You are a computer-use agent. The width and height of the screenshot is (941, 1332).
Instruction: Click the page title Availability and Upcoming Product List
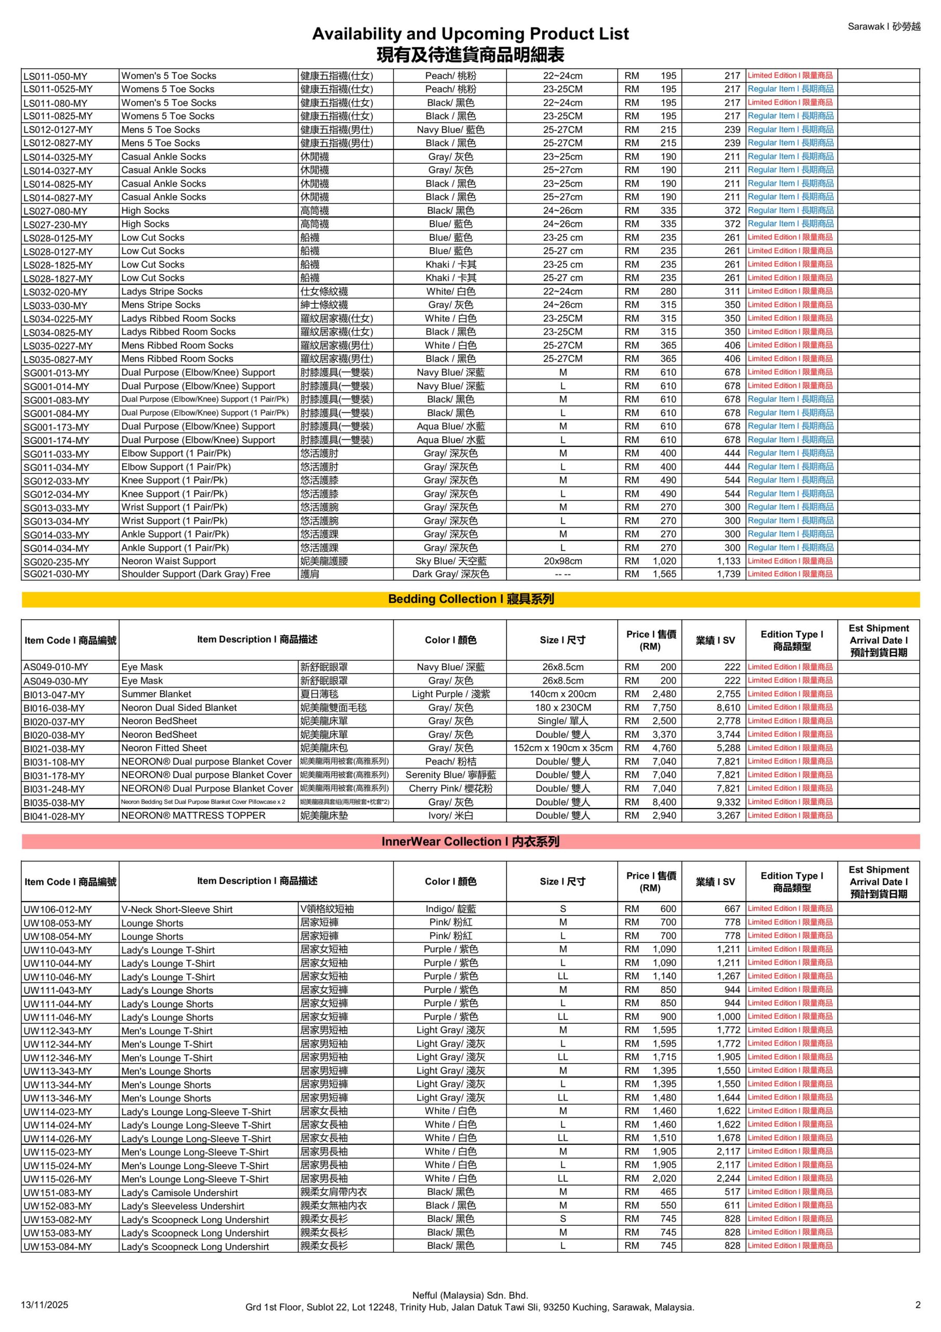click(x=469, y=34)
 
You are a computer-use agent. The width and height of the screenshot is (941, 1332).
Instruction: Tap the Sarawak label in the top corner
click(x=883, y=27)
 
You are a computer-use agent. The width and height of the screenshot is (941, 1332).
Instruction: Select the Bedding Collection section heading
click(x=470, y=599)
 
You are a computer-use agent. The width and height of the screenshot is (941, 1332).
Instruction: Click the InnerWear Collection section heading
click(x=470, y=841)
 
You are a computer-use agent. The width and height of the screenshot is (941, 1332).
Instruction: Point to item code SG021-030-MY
click(x=56, y=574)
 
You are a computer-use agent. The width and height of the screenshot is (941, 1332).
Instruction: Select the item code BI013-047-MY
click(x=54, y=695)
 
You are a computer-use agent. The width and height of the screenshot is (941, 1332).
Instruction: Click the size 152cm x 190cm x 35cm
click(x=563, y=748)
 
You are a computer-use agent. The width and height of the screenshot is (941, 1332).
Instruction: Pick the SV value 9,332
click(x=728, y=802)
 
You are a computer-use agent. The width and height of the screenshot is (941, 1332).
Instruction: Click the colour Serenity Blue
click(x=451, y=775)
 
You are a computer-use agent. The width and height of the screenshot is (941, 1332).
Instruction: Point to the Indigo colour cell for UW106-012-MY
click(x=451, y=909)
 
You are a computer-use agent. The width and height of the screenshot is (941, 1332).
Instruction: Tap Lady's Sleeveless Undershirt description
click(x=182, y=1206)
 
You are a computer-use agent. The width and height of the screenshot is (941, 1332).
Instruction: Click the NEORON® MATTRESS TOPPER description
click(x=193, y=815)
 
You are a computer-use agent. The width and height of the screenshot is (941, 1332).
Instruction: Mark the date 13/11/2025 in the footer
click(x=45, y=1305)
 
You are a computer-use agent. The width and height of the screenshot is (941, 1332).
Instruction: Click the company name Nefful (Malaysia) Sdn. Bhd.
click(x=469, y=1295)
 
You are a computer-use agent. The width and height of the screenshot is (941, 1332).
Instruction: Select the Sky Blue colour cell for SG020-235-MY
click(x=451, y=561)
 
